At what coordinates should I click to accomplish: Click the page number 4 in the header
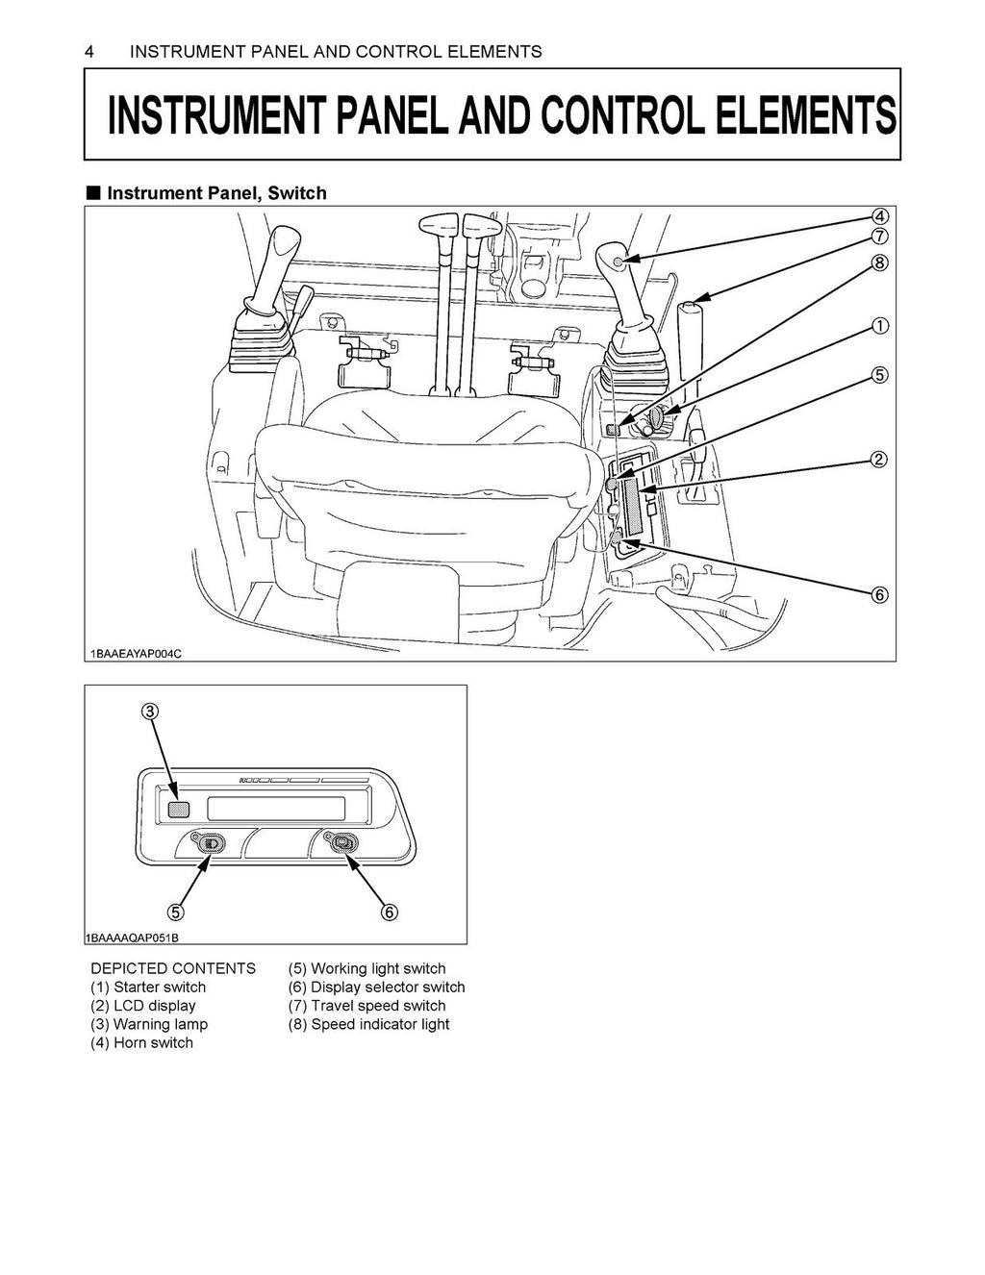coord(89,51)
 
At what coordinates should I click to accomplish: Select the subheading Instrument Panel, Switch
coord(216,193)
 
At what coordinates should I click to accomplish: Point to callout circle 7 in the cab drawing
coord(879,236)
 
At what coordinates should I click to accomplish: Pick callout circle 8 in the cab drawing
coord(879,262)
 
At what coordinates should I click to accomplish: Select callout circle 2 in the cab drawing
coord(879,459)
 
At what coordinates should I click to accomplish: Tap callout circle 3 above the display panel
coord(150,712)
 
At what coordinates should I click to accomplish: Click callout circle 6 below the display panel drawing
coord(390,912)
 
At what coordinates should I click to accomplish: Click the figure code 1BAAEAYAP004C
coord(136,654)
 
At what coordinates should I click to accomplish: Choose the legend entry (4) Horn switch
coord(141,1043)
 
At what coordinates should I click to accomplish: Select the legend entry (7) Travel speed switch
coord(366,1006)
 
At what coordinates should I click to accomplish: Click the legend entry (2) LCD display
coord(142,1006)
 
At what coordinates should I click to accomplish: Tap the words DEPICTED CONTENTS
coord(173,968)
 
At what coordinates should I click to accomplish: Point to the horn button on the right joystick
coord(618,262)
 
